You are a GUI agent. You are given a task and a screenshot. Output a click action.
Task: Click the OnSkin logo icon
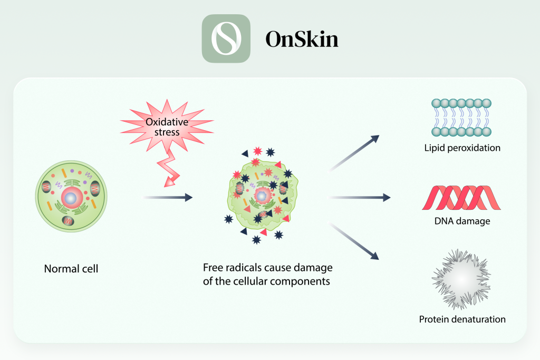click(226, 38)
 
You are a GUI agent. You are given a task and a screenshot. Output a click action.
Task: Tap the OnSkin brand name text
click(302, 39)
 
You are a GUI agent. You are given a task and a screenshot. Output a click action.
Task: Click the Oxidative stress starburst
click(167, 127)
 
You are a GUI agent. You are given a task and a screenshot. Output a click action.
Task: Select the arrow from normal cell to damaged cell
click(168, 197)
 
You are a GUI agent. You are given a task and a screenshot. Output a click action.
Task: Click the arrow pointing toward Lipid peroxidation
click(354, 153)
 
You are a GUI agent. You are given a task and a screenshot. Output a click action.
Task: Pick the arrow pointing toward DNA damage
click(359, 198)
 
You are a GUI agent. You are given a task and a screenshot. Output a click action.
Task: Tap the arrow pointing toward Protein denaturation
click(354, 241)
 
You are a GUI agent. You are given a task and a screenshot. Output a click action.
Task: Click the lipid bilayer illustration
click(461, 118)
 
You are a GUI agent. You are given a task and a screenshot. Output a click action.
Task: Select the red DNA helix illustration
click(461, 198)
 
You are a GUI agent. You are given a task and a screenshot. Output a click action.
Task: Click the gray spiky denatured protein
click(461, 279)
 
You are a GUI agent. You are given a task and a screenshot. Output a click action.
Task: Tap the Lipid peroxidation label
click(462, 148)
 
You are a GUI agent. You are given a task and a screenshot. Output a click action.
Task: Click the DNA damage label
click(462, 221)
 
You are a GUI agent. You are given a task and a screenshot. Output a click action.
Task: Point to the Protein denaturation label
click(462, 319)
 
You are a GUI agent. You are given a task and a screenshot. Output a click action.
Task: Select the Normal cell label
click(71, 269)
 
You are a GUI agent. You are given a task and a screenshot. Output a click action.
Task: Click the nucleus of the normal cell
click(72, 198)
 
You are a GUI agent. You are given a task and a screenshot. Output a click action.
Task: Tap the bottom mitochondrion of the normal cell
click(68, 221)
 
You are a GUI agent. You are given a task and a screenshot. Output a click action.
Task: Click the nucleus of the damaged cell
click(262, 196)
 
